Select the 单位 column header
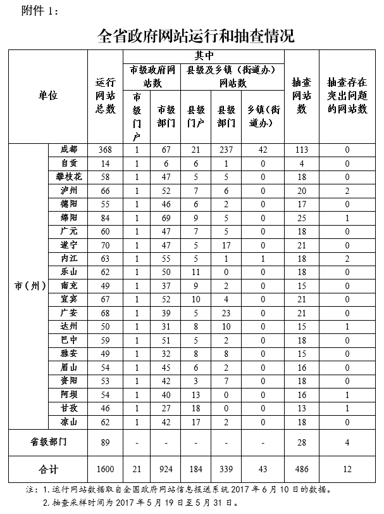tap(48, 95)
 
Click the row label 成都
tap(69, 149)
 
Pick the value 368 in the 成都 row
tap(105, 149)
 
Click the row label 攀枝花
tap(69, 176)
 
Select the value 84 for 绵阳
tap(105, 217)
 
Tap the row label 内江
tap(69, 259)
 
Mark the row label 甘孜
tap(69, 409)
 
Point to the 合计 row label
tap(48, 470)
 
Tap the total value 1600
tap(105, 470)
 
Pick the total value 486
tap(301, 470)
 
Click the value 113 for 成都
tap(301, 149)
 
